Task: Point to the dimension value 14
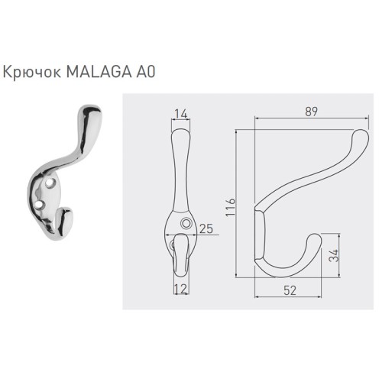[180, 115]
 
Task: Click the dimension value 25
[205, 228]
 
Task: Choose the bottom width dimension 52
[290, 291]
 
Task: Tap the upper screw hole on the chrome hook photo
[51, 185]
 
